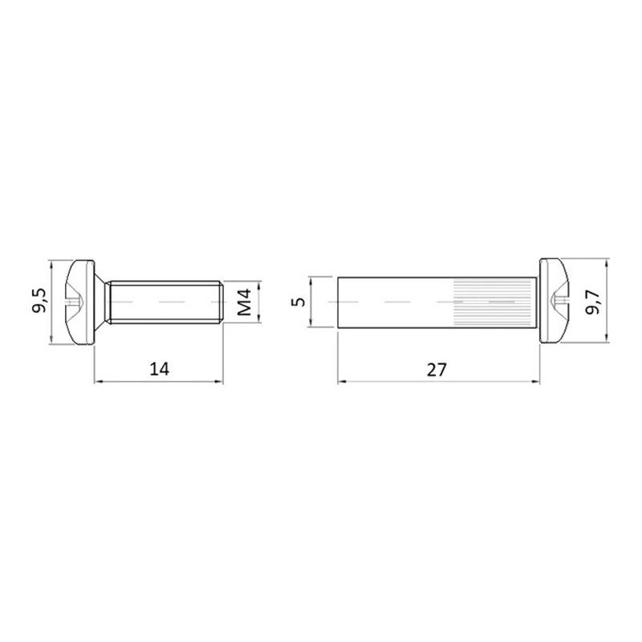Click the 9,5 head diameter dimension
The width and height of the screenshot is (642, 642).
coord(39,301)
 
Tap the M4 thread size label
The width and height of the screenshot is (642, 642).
coord(245,303)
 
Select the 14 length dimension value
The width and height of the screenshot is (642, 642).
coord(159,369)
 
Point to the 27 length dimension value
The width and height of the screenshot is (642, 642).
coord(437,370)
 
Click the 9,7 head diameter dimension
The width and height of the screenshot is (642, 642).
coord(593,301)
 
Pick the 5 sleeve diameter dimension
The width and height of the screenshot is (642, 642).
coord(300,302)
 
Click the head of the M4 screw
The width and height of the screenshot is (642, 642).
coord(81,302)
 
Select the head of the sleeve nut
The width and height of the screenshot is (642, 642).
coord(554,301)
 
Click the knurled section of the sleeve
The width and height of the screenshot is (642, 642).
coord(494,303)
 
